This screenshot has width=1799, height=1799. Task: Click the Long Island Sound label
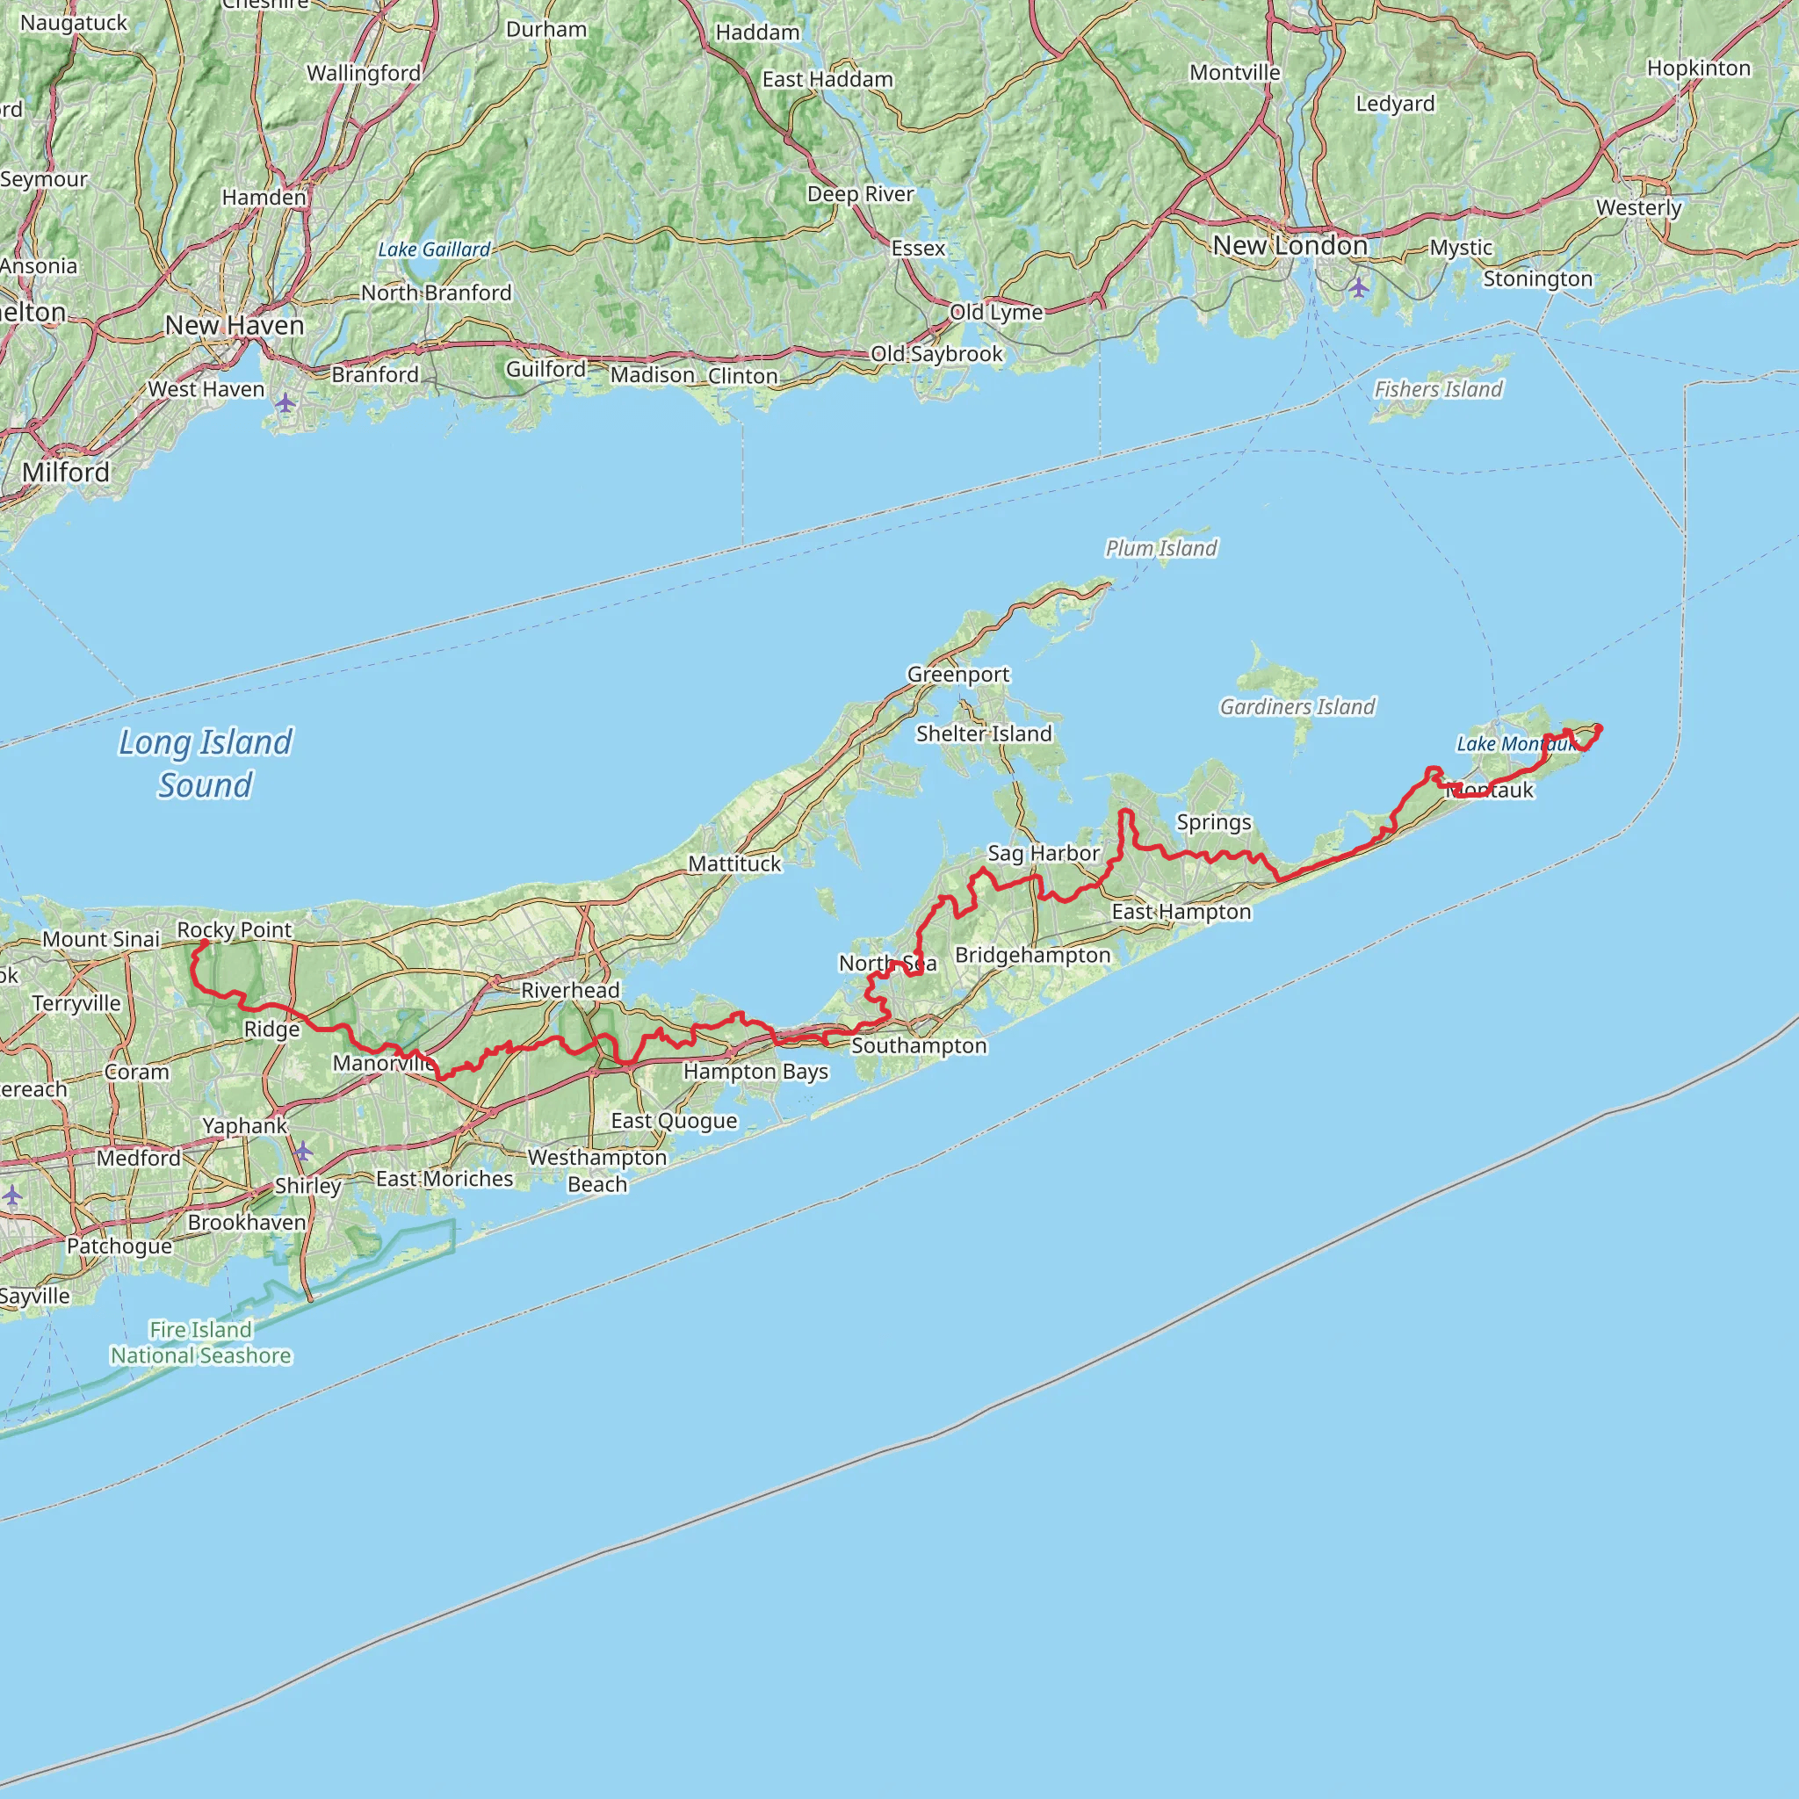pyautogui.click(x=206, y=762)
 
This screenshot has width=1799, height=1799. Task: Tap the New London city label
pyautogui.click(x=1290, y=246)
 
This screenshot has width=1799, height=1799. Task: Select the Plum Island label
pyautogui.click(x=1160, y=548)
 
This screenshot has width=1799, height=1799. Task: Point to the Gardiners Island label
pyautogui.click(x=1297, y=707)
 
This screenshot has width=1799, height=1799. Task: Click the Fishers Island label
pyautogui.click(x=1438, y=389)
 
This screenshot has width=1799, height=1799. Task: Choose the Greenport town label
pyautogui.click(x=958, y=674)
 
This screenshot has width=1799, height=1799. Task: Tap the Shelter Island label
pyautogui.click(x=983, y=733)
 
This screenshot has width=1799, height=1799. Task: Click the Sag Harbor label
pyautogui.click(x=1043, y=853)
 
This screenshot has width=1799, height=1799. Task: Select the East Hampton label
pyautogui.click(x=1181, y=912)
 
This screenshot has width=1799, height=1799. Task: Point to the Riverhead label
pyautogui.click(x=570, y=990)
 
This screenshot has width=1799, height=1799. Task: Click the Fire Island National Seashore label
pyautogui.click(x=201, y=1343)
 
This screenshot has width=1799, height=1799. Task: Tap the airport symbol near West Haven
pyautogui.click(x=285, y=403)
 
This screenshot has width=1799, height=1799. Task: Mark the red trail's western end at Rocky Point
pyautogui.click(x=204, y=943)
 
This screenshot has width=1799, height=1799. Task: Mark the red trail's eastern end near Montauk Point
pyautogui.click(x=1598, y=728)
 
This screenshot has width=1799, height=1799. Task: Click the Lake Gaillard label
pyautogui.click(x=434, y=249)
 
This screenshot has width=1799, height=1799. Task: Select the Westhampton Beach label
pyautogui.click(x=596, y=1170)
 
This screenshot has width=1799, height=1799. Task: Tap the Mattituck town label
pyautogui.click(x=734, y=864)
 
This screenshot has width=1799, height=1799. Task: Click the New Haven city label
pyautogui.click(x=235, y=325)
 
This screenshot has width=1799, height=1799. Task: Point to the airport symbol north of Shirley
pyautogui.click(x=303, y=1152)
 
